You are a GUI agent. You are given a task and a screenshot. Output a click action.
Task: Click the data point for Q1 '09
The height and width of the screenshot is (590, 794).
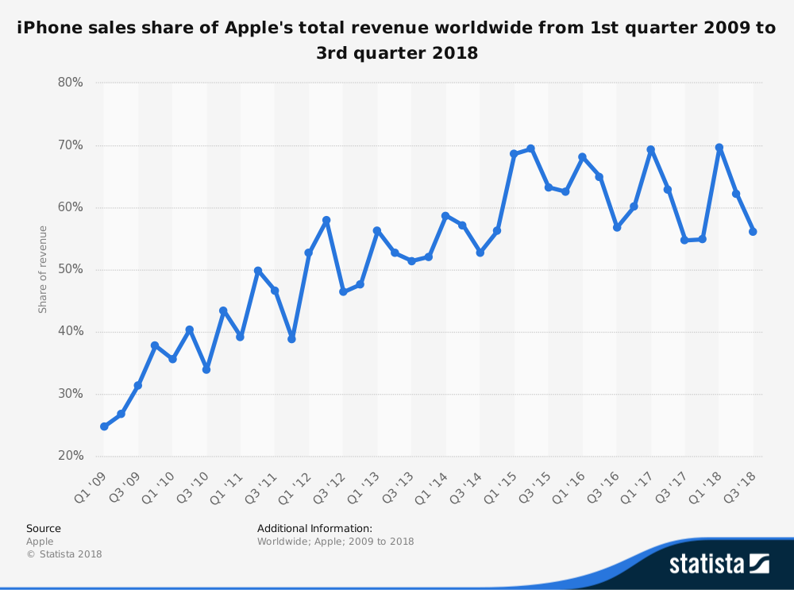point(104,426)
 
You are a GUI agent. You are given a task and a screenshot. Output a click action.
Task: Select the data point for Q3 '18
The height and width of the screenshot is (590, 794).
point(753,232)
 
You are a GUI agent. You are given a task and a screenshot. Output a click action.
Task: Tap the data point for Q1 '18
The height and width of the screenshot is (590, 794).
point(719,148)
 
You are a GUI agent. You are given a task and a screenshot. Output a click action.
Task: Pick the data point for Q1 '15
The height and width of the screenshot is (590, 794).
point(514,154)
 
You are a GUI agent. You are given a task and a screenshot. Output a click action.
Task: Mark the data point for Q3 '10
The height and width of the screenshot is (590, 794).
point(206,369)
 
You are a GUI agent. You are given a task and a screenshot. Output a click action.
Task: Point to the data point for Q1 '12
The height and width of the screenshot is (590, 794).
point(309,253)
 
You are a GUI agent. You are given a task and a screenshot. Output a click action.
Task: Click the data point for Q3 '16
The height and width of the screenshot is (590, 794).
point(617,227)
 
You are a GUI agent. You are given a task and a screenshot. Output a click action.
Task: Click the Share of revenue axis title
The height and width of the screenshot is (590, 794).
point(43,269)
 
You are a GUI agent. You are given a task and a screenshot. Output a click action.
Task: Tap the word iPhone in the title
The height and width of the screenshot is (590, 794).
point(45,29)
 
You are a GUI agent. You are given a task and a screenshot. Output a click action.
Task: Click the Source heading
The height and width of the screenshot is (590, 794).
point(43,528)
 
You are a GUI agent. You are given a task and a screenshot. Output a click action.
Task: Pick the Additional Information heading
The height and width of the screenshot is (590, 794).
point(314,528)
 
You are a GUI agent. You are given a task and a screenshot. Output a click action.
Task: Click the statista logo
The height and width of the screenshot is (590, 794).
point(719,564)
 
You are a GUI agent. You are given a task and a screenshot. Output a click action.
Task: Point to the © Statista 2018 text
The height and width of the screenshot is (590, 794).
point(64,554)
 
